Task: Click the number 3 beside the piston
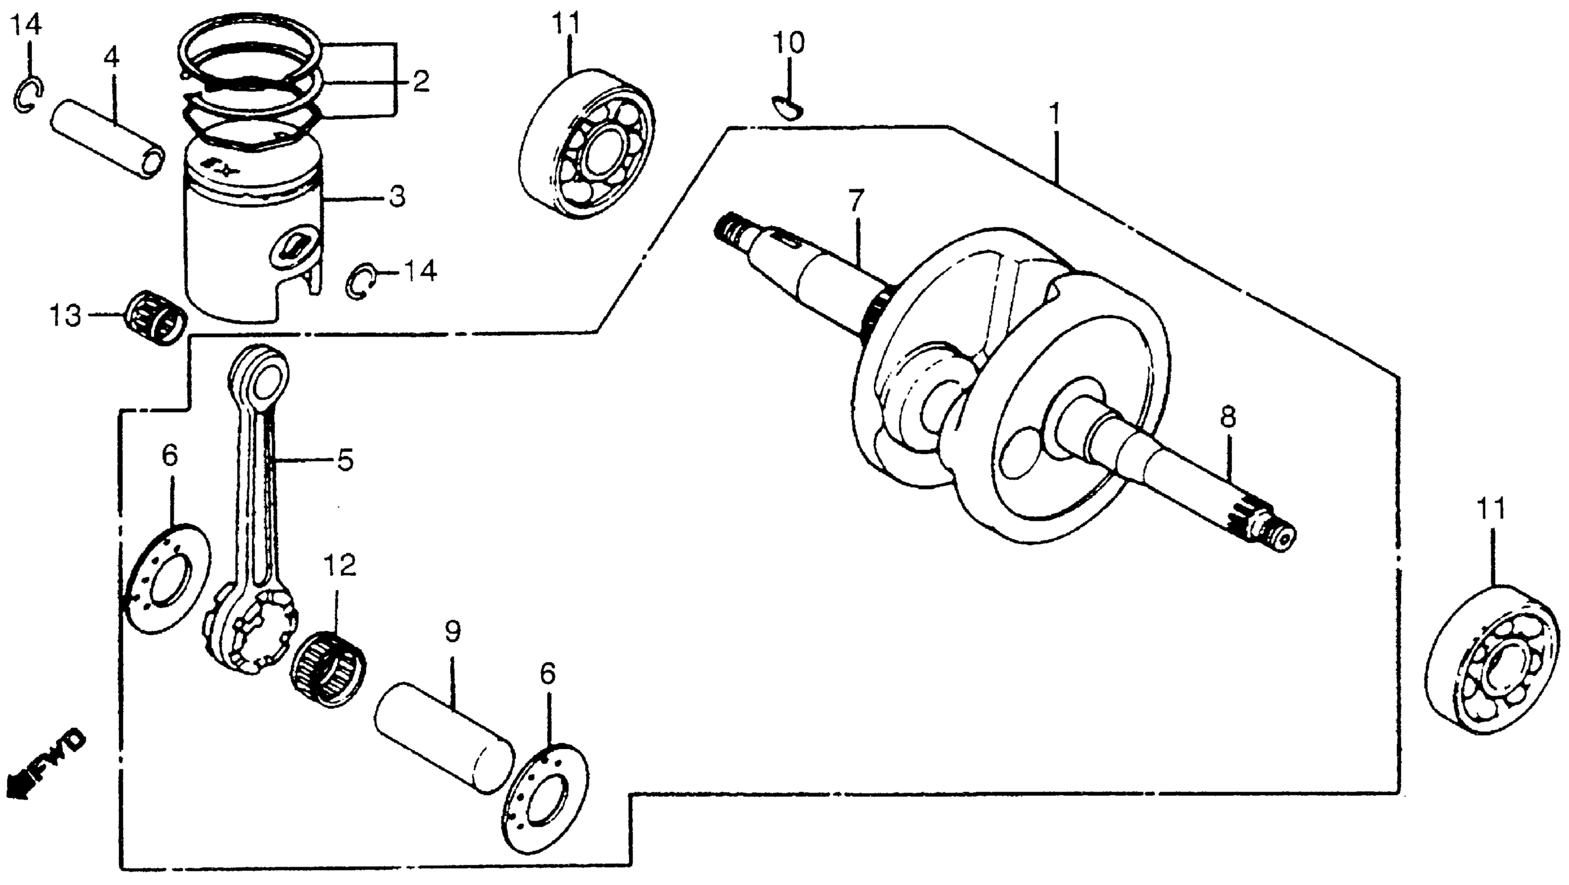[x=396, y=197]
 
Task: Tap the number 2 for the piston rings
[x=420, y=81]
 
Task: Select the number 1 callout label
[x=1055, y=115]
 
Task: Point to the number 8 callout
[x=1228, y=418]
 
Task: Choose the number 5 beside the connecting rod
[x=345, y=460]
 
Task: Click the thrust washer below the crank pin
[x=546, y=798]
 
